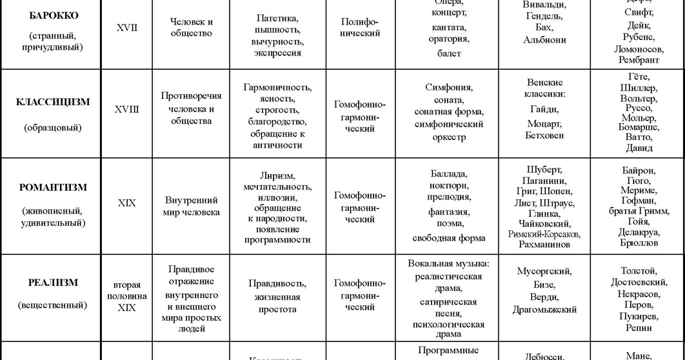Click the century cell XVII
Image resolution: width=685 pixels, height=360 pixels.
point(126,28)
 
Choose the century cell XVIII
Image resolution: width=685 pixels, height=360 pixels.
point(126,110)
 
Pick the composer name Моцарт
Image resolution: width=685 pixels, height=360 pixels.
point(544,123)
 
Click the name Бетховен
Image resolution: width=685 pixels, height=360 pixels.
point(544,135)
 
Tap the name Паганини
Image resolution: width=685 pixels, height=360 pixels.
point(544,181)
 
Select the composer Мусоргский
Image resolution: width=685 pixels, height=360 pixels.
point(544,272)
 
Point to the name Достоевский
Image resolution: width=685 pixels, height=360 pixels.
point(639,282)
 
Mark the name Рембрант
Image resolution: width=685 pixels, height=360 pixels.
point(639,60)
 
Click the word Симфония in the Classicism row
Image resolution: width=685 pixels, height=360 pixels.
point(449,87)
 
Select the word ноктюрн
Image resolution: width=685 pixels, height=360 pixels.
point(449,185)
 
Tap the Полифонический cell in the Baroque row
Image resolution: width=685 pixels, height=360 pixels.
point(360,28)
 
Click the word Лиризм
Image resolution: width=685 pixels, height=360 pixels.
point(277,176)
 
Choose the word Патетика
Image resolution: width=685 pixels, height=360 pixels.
point(277,18)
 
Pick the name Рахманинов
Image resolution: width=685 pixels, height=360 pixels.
point(544,245)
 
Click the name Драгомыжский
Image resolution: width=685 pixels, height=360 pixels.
point(544,310)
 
